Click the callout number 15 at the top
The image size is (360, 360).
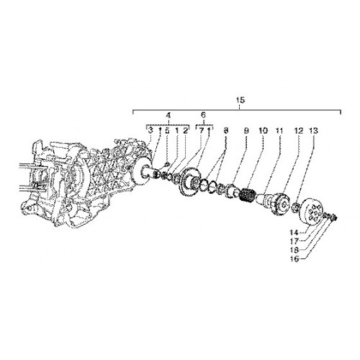[240, 100]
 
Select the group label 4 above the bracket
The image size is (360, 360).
[168, 115]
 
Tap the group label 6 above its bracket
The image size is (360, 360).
[203, 114]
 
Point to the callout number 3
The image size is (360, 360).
[150, 131]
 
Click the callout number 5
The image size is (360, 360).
[167, 131]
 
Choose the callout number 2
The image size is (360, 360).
[185, 131]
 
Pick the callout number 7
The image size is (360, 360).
[201, 131]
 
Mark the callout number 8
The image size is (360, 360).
[225, 131]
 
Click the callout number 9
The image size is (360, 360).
[246, 131]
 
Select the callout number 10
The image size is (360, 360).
[264, 131]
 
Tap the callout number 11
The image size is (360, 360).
[279, 131]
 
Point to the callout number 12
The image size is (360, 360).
[299, 131]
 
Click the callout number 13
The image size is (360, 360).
[313, 131]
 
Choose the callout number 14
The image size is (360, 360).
[294, 233]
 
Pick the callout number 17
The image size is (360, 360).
[294, 240]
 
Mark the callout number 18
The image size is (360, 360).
[294, 250]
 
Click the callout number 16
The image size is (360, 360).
[294, 259]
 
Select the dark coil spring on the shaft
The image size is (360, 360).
[248, 194]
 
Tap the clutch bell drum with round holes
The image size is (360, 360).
[312, 211]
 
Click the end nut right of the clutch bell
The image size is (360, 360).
[334, 217]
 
